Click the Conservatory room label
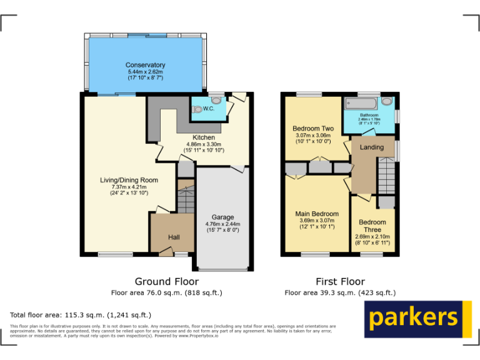[x=145, y=65]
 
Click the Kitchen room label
[x=204, y=137]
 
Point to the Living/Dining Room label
[x=129, y=180]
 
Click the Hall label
[x=173, y=237]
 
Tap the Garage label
[x=222, y=217]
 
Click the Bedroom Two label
[x=313, y=129]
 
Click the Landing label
[x=372, y=147]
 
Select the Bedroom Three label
[x=372, y=226]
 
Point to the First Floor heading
[x=340, y=281]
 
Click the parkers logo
[x=417, y=319]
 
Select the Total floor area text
[x=81, y=315]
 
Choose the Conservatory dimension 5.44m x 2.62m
[x=145, y=72]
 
